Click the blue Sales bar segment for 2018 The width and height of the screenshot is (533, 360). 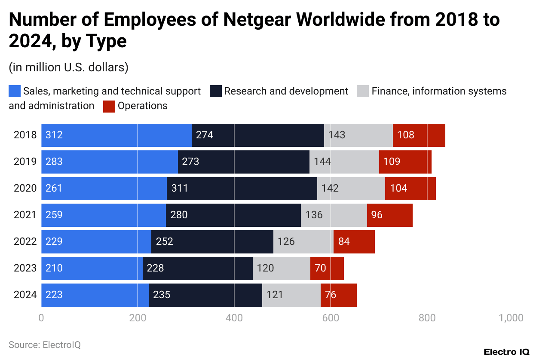[116, 135]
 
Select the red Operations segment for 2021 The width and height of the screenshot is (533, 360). [389, 215]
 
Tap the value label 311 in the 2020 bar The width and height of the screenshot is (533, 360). [179, 188]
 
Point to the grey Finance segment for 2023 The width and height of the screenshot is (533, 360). [281, 268]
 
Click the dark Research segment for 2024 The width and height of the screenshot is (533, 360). [205, 295]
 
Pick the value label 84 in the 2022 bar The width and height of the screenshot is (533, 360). [344, 241]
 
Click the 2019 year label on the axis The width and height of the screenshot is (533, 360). [25, 162]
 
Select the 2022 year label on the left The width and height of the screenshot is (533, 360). [25, 241]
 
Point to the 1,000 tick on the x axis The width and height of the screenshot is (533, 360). [511, 318]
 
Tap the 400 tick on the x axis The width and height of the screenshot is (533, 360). [234, 318]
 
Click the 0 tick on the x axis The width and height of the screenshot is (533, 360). [41, 318]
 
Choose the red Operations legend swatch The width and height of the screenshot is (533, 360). [109, 106]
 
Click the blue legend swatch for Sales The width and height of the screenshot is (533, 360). [15, 92]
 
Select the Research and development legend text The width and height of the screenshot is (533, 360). [286, 92]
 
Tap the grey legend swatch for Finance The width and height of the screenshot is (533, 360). [363, 92]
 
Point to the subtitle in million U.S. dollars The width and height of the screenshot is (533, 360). [68, 67]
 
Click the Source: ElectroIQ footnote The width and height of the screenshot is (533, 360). [45, 345]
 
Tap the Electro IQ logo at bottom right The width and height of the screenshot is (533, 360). [506, 352]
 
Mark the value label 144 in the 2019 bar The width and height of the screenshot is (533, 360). [322, 162]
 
